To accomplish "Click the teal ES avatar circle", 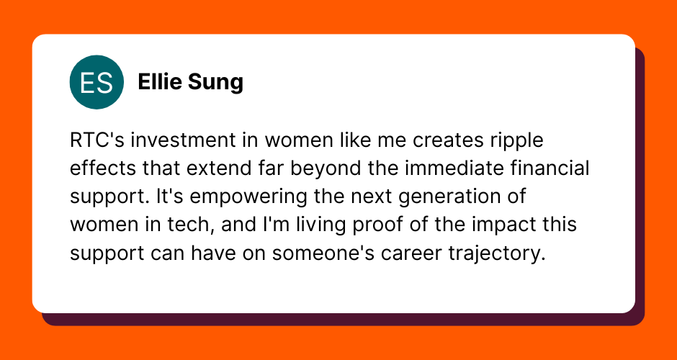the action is (x=97, y=82).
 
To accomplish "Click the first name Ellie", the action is (x=160, y=82).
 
